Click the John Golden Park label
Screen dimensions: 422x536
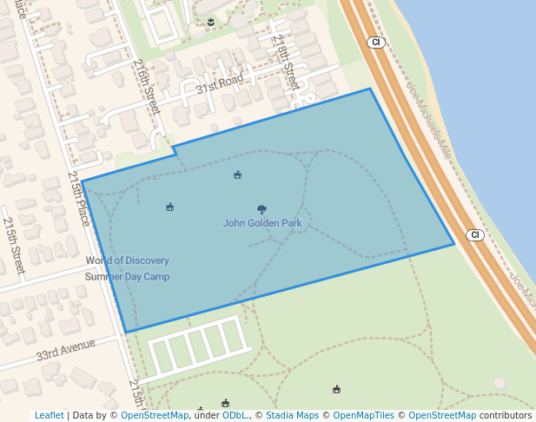(x=262, y=223)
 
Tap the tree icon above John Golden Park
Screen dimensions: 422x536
(x=262, y=209)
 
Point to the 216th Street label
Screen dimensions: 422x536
(x=147, y=86)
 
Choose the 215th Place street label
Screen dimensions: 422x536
(x=79, y=199)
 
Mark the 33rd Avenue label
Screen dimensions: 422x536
(x=65, y=351)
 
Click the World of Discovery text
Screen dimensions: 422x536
(x=127, y=260)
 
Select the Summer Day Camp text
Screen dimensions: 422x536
(x=127, y=277)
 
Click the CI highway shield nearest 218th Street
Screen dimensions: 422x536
(x=375, y=42)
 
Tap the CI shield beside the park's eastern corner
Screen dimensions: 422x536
(x=474, y=235)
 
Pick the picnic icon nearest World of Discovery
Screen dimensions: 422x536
(x=170, y=207)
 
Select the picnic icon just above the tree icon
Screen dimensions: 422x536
(x=237, y=175)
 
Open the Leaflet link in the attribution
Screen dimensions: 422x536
(x=49, y=415)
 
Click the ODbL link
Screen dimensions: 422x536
(x=234, y=415)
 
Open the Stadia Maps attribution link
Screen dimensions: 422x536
(x=292, y=415)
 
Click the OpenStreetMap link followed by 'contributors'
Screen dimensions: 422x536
(x=441, y=415)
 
